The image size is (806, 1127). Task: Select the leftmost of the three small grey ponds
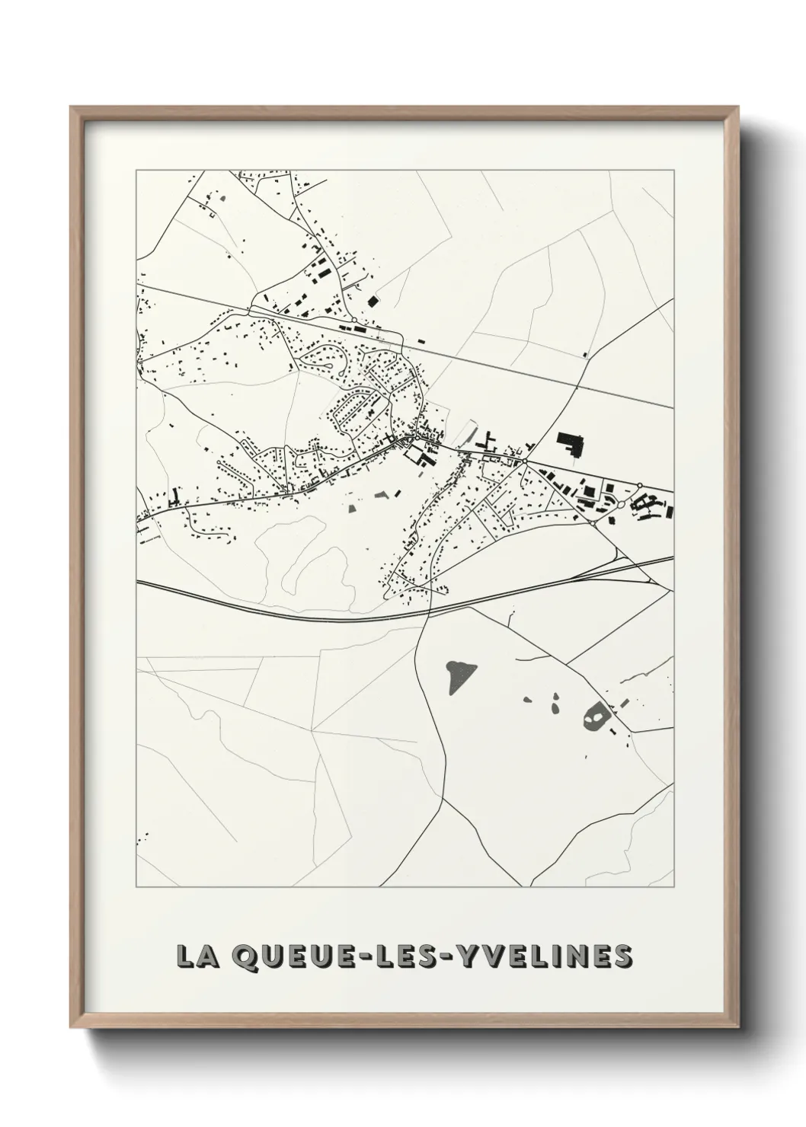[528, 699]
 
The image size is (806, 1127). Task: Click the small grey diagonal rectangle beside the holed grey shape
[622, 703]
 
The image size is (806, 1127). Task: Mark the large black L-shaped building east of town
[570, 442]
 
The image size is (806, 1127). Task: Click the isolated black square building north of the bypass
[373, 301]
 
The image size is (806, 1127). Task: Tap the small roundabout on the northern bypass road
[354, 320]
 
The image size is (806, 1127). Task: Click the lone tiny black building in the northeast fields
[584, 354]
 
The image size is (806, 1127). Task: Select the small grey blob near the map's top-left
[222, 199]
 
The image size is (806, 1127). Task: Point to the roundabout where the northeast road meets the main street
[526, 461]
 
